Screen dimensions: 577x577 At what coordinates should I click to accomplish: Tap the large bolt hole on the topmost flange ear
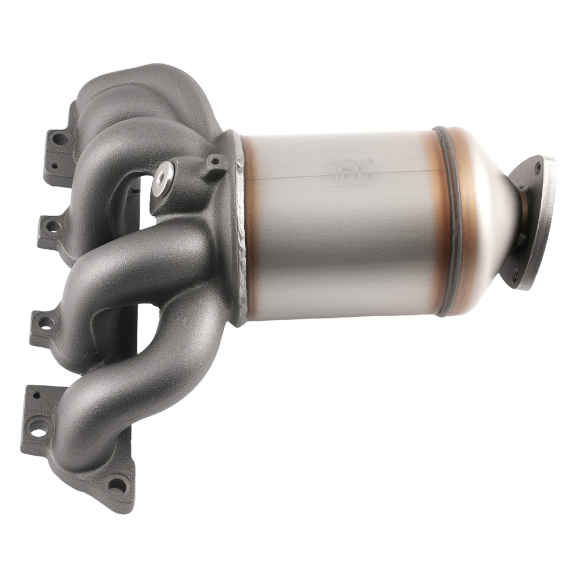pyautogui.click(x=59, y=139)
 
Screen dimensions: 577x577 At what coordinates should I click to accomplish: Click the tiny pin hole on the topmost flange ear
pyautogui.click(x=54, y=166)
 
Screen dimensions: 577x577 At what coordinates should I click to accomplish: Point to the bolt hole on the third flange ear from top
pyautogui.click(x=44, y=323)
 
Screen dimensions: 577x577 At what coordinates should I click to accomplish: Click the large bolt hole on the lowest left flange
pyautogui.click(x=39, y=428)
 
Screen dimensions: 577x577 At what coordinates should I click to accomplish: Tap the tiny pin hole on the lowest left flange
pyautogui.click(x=36, y=396)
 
